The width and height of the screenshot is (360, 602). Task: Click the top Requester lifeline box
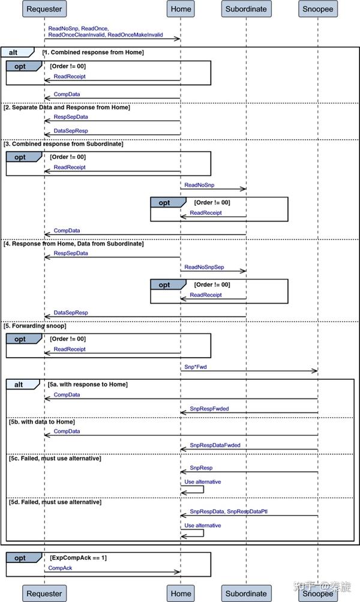pos(44,9)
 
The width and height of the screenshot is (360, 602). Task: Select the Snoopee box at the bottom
pos(317,594)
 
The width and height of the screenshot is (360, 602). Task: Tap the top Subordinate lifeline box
pos(246,9)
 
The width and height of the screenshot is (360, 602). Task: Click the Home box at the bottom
pos(181,594)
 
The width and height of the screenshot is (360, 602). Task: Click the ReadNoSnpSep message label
pos(204,266)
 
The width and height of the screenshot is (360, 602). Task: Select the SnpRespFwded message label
pos(209,408)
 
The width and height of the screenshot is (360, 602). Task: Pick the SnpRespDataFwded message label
pos(215,445)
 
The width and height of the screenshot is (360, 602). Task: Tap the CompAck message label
pos(60,567)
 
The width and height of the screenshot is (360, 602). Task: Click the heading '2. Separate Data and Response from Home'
pos(67,107)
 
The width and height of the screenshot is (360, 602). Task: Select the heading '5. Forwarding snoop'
pos(35,326)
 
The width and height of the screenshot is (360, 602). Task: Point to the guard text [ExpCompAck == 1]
pos(79,558)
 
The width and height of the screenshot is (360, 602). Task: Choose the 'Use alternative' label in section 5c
pos(202,482)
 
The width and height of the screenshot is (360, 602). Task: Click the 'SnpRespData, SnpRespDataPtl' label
pos(229,511)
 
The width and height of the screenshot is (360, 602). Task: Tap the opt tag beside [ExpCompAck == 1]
pos(20,558)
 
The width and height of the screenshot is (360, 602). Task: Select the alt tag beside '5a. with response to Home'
pos(19,384)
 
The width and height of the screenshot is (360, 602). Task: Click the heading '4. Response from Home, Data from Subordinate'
pos(74,244)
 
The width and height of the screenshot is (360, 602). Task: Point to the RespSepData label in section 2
pos(71,117)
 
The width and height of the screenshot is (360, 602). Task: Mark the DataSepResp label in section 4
pos(71,313)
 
